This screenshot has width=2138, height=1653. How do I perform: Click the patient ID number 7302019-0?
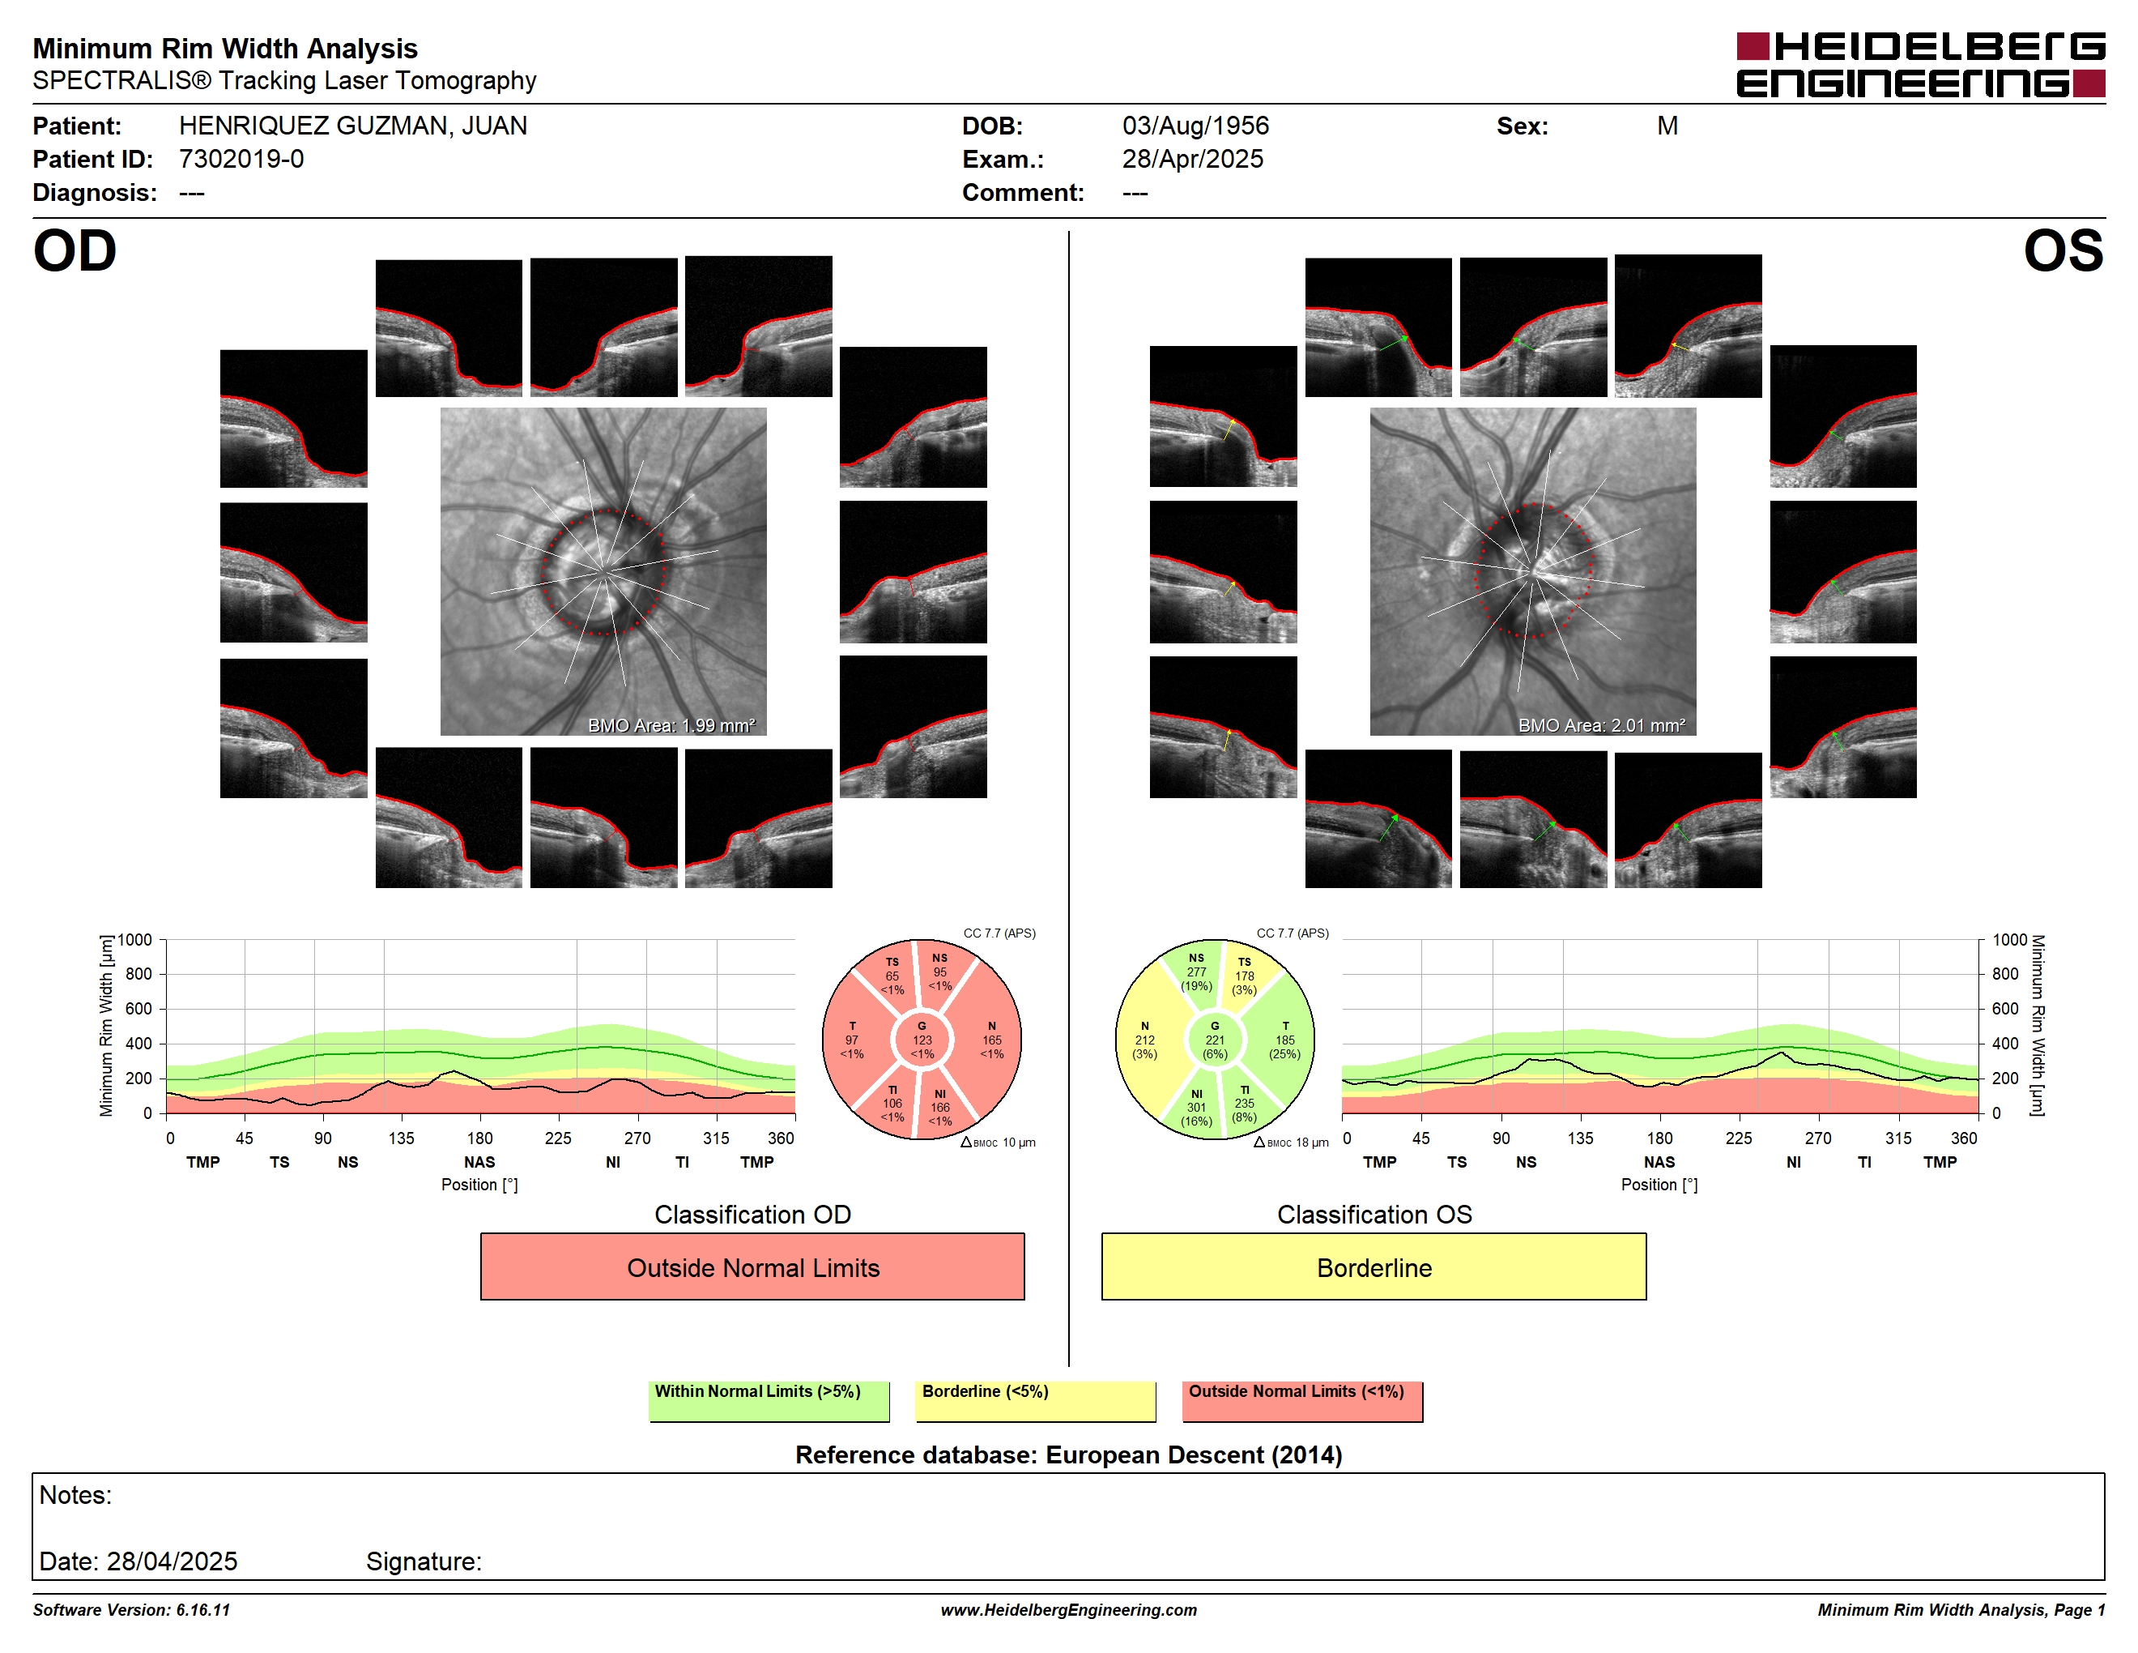tap(241, 159)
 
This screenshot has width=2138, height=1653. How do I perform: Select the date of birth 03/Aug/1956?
tap(1195, 126)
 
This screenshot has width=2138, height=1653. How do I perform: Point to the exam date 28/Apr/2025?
tap(1192, 159)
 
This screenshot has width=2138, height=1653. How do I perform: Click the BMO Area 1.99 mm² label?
tap(671, 724)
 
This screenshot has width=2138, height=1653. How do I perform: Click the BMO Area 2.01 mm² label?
tap(1602, 724)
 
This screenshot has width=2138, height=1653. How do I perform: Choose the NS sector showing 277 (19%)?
tap(1195, 972)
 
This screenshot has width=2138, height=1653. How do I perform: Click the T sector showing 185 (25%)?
tap(1284, 1040)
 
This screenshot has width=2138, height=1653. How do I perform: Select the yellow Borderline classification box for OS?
tap(1374, 1266)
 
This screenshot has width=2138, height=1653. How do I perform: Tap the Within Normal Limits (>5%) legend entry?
tap(769, 1400)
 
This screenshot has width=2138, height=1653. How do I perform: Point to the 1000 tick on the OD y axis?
tap(135, 940)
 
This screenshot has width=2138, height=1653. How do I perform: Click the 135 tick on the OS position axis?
tap(1580, 1138)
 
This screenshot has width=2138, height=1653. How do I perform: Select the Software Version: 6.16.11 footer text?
tap(131, 1610)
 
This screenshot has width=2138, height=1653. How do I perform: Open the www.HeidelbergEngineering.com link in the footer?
tap(1069, 1610)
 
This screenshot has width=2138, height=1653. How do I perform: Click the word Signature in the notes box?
tap(423, 1561)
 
